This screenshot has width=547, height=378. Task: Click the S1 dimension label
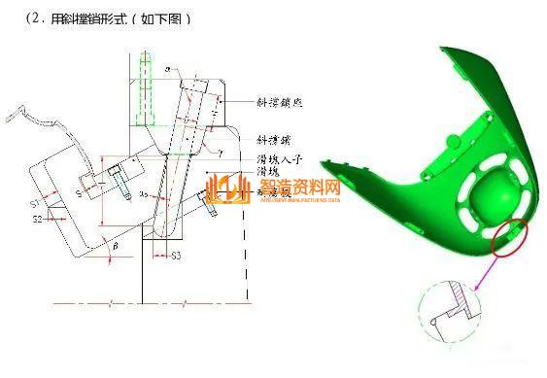(35, 204)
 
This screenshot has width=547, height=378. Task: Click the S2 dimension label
(37, 220)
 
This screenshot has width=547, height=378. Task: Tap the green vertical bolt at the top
(145, 87)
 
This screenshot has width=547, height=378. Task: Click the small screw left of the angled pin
(117, 181)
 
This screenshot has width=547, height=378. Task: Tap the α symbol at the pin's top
(167, 69)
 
